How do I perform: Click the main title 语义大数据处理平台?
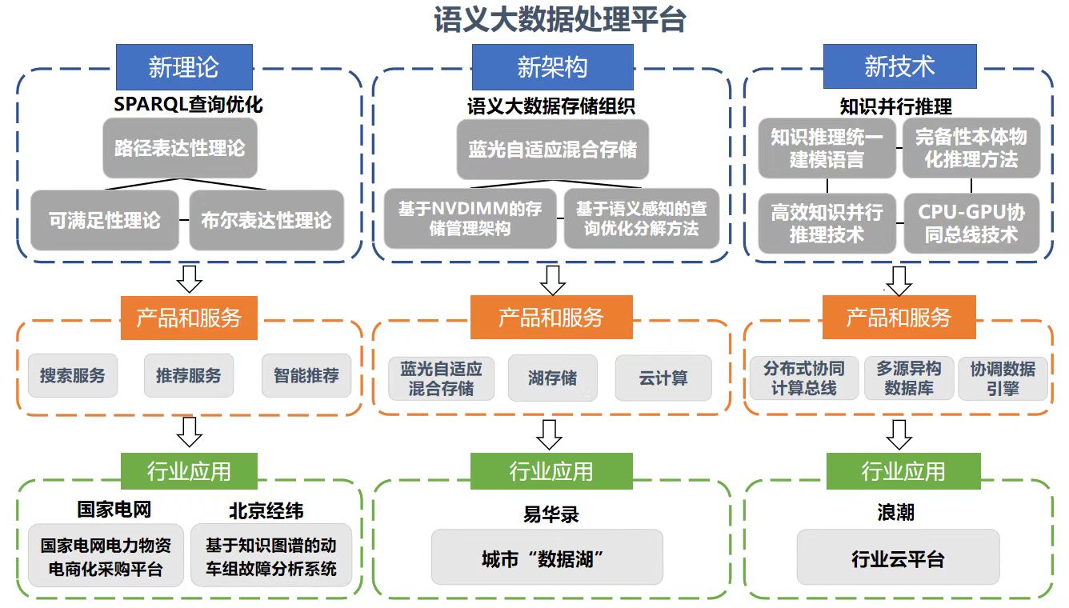(x=559, y=20)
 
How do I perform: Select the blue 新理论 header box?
(x=184, y=66)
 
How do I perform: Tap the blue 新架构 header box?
(x=552, y=67)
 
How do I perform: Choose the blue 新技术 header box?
(x=900, y=66)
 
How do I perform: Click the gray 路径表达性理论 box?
(x=179, y=149)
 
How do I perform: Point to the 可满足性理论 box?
(x=105, y=220)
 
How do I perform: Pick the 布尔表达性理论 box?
(x=266, y=220)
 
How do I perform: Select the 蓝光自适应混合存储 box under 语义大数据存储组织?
(x=552, y=150)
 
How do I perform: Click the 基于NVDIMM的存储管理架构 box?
(x=470, y=218)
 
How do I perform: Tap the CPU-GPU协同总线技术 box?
(x=971, y=223)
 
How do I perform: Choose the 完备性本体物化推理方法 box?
(x=971, y=148)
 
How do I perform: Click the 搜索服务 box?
(x=72, y=375)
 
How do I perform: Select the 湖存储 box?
(x=552, y=378)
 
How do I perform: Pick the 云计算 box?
(x=663, y=378)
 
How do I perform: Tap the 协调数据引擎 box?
(x=1003, y=378)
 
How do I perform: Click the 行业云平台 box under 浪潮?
(x=898, y=558)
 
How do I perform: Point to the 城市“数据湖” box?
(x=547, y=558)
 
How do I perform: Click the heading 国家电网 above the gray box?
(x=114, y=510)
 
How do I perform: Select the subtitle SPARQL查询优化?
(x=188, y=105)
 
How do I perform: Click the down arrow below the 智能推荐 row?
(x=190, y=431)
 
